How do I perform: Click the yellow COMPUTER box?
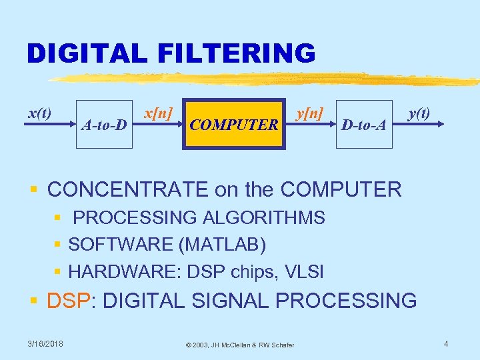(233, 124)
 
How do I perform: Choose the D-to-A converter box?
(363, 124)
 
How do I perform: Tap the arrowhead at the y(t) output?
(439, 124)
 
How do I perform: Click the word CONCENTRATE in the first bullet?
(128, 189)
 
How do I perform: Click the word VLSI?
(304, 271)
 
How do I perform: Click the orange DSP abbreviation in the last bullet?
(68, 301)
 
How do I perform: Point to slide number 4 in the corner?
(446, 343)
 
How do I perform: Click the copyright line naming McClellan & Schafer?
(240, 344)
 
